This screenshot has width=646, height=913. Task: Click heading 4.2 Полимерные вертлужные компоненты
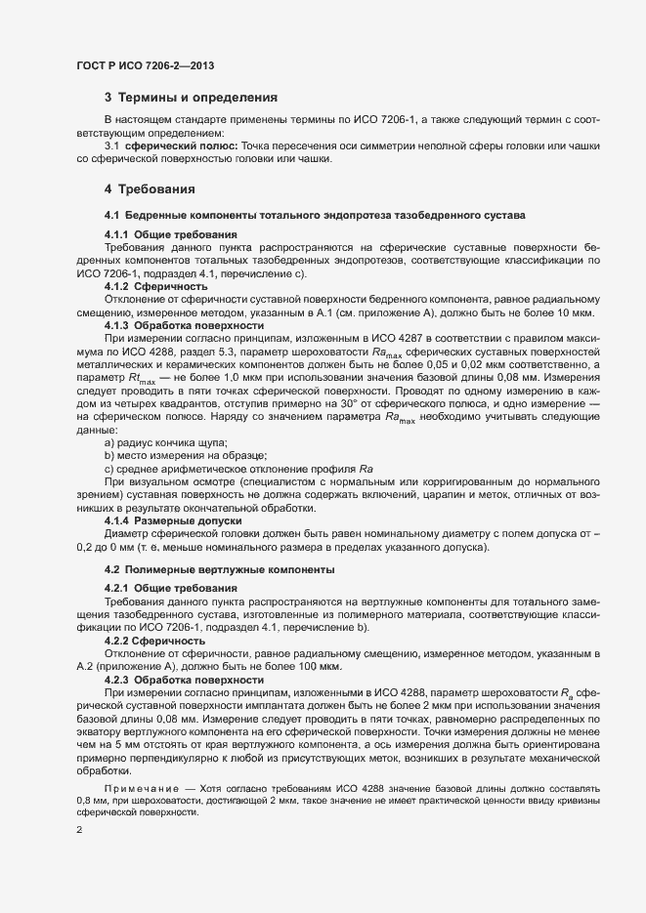coord(220,568)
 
